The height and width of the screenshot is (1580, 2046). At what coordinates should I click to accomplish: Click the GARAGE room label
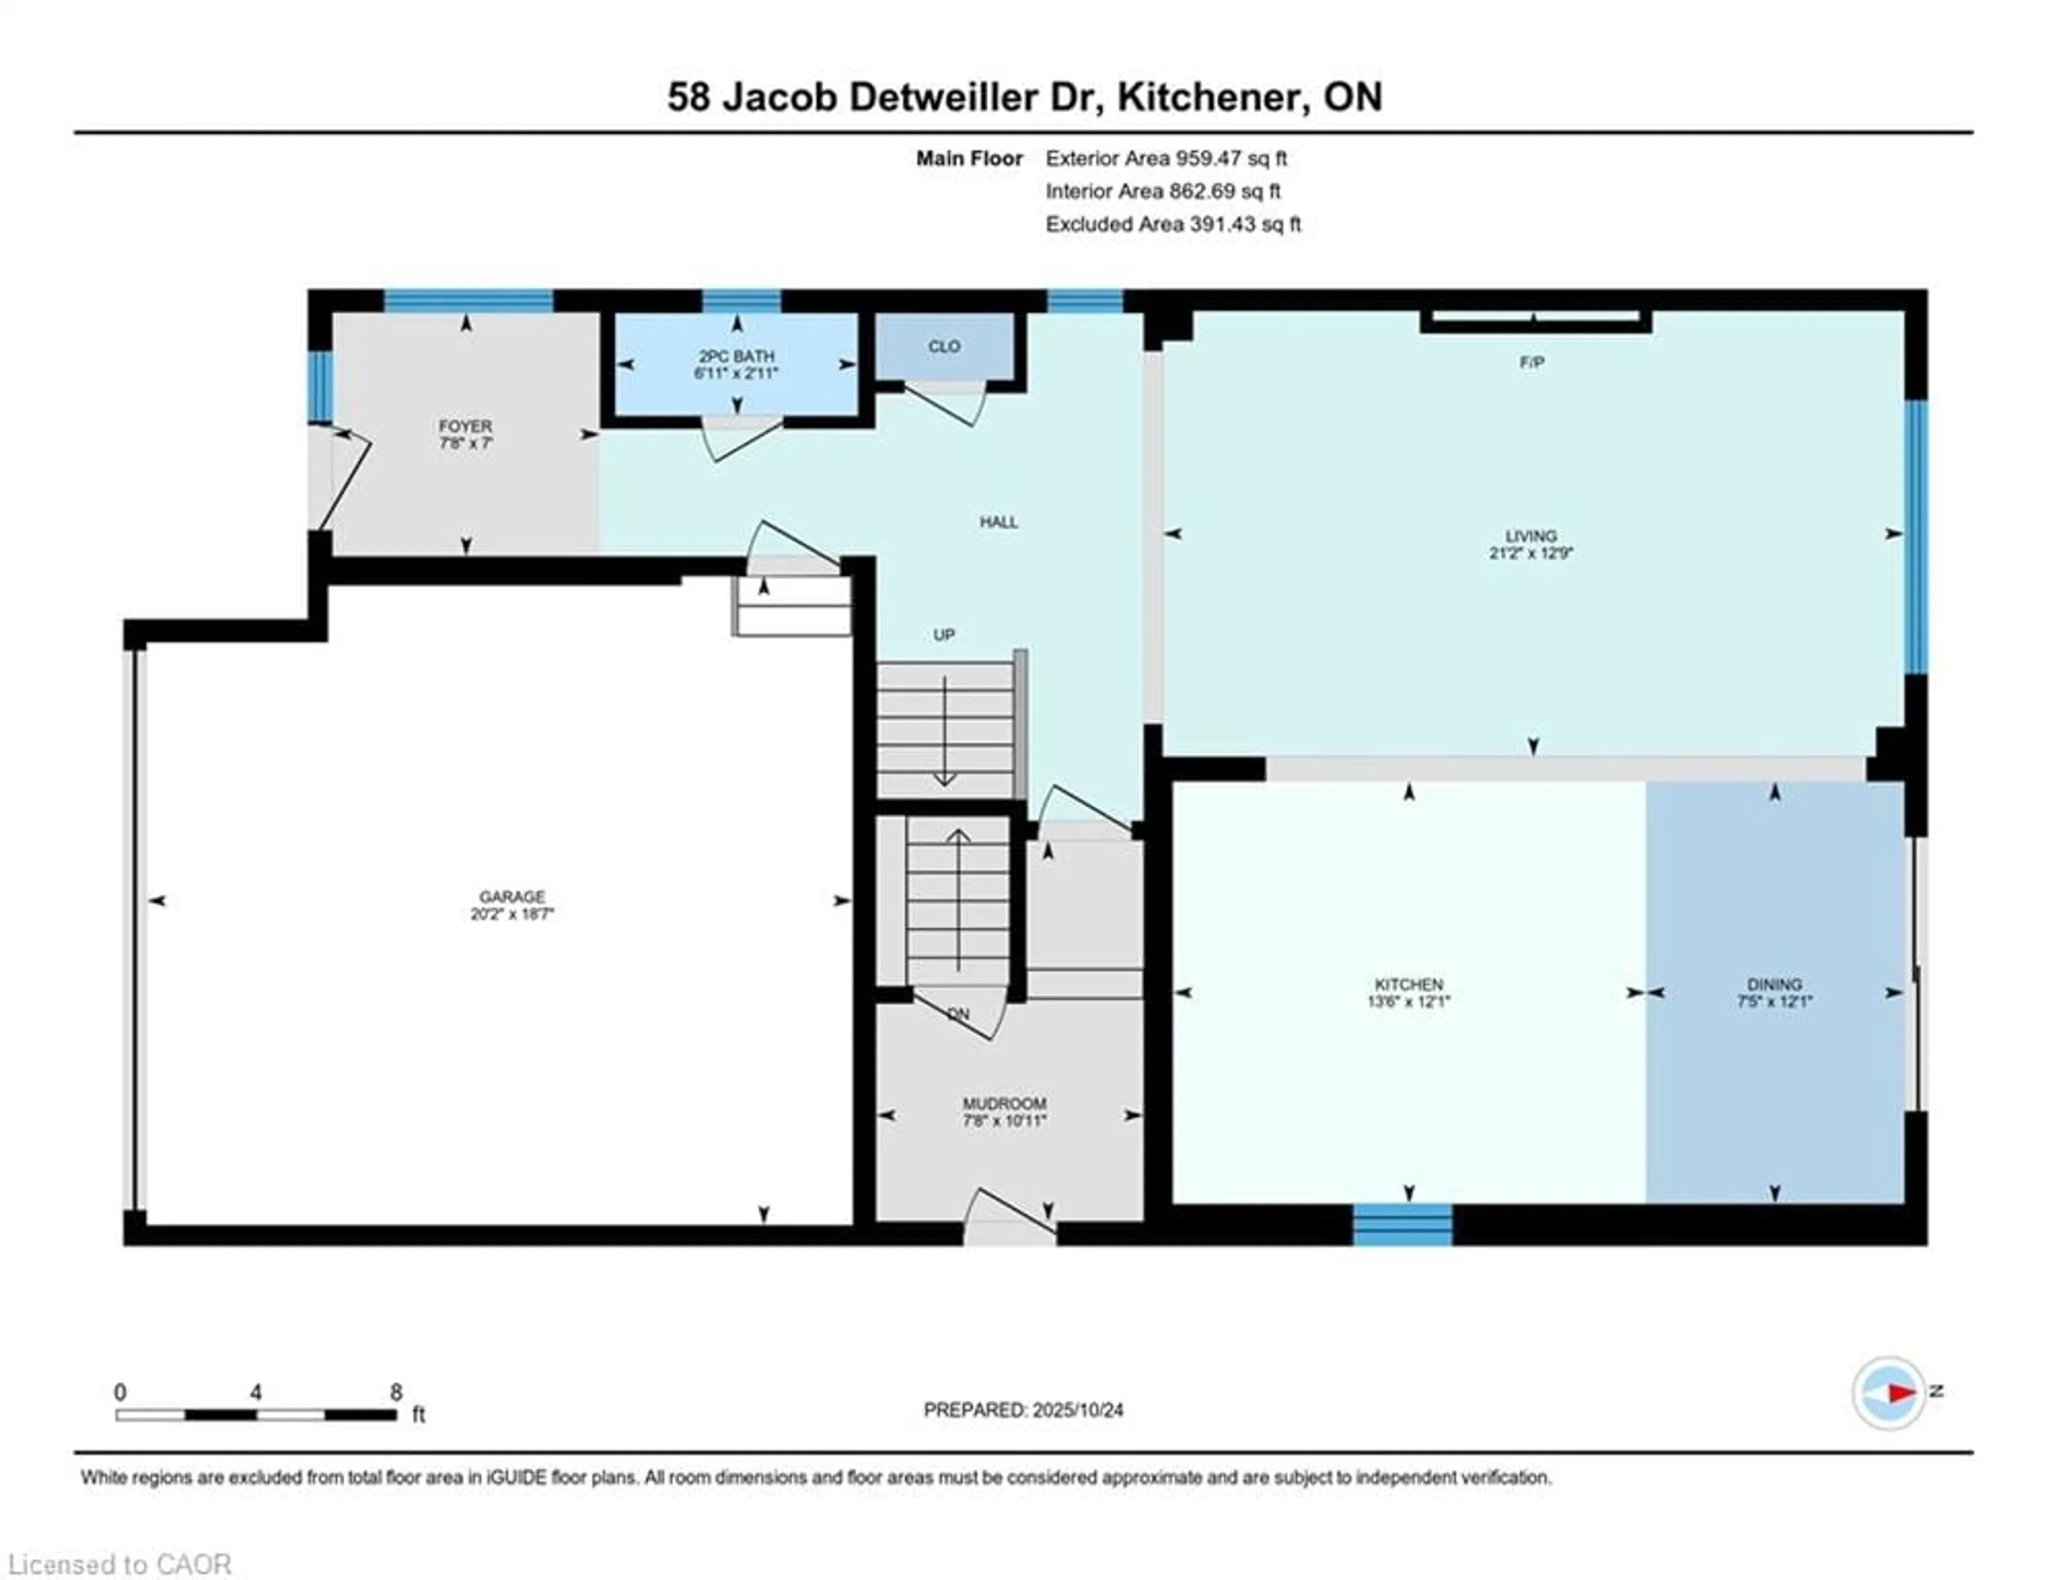[511, 897]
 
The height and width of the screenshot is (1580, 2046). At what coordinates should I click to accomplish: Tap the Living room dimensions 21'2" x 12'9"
[1531, 553]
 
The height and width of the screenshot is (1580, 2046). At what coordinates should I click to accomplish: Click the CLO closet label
[944, 346]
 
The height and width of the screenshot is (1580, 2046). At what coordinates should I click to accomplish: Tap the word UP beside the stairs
[944, 634]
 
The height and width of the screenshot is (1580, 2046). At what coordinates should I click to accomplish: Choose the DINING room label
[1773, 984]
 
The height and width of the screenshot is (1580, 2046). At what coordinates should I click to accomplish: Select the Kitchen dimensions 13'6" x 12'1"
[1408, 1002]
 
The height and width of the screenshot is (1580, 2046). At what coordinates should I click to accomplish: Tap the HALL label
[998, 522]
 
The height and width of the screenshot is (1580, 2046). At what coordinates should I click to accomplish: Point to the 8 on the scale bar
[396, 1392]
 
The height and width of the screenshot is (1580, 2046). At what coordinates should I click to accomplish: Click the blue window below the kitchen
[1402, 1225]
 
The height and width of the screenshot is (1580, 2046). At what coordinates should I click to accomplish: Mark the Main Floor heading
[969, 158]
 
